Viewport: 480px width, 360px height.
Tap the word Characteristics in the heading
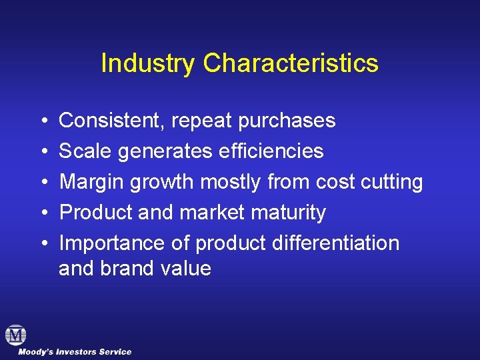coord(291,63)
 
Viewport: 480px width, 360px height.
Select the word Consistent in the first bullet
coord(113,121)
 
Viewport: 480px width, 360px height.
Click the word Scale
coord(85,151)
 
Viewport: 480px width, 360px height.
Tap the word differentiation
coord(336,243)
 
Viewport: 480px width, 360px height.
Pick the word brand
coord(127,269)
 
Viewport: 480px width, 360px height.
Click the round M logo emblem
coord(15,335)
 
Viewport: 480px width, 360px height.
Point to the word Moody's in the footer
coord(34,352)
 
